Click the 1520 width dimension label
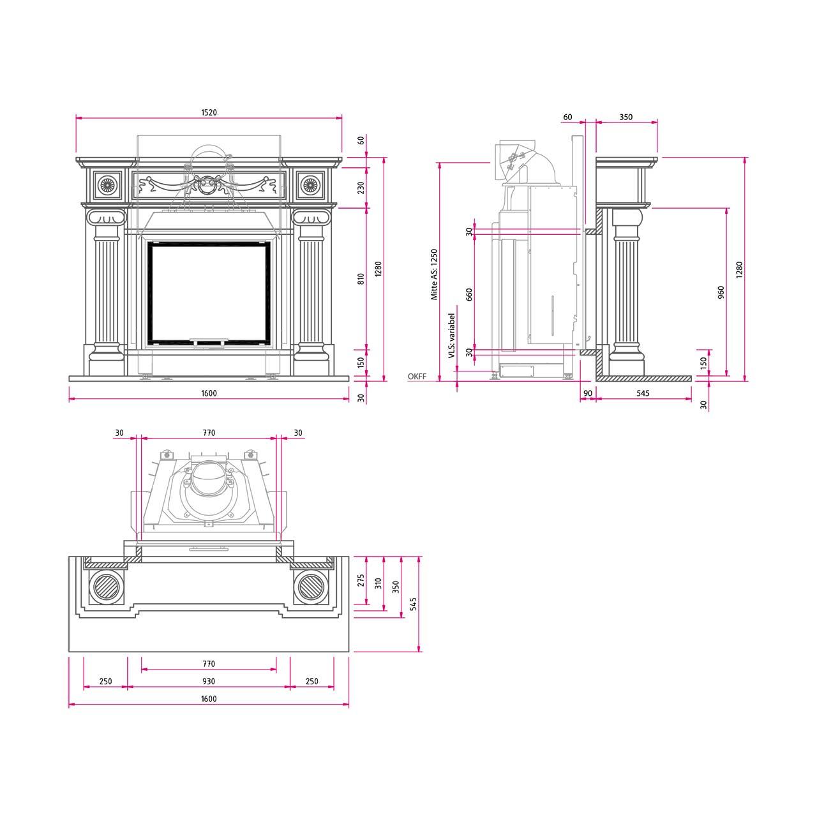point(209,112)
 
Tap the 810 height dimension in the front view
point(361,278)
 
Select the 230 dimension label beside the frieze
point(361,188)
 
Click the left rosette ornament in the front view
point(106,185)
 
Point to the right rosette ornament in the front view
point(309,185)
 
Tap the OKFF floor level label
point(417,376)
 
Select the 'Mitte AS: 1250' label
point(434,274)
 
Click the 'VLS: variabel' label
point(451,336)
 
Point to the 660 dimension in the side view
point(469,295)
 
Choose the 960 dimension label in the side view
point(721,292)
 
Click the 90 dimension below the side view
point(588,393)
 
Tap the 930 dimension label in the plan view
point(209,681)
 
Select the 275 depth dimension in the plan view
point(361,580)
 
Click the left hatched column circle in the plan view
point(106,587)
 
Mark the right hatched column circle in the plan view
point(311,587)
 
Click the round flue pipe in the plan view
point(208,479)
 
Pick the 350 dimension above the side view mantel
point(626,117)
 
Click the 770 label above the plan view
point(209,433)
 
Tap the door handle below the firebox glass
point(209,341)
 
